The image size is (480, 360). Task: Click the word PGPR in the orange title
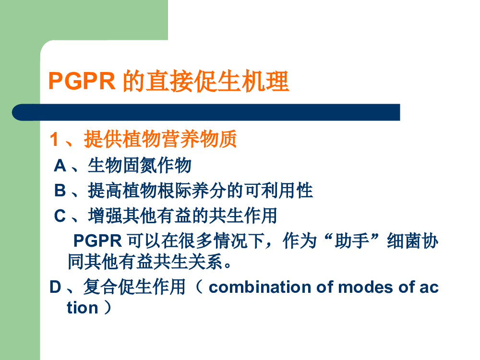click(82, 81)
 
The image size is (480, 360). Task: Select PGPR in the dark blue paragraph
click(97, 240)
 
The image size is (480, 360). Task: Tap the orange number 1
click(54, 139)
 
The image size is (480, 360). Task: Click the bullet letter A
click(60, 166)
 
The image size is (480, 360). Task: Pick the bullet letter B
click(60, 191)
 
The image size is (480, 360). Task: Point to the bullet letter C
click(60, 216)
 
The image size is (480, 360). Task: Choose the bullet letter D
click(55, 287)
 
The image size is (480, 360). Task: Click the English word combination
click(260, 287)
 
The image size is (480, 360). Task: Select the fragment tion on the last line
click(83, 308)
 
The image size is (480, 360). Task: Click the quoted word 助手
click(352, 240)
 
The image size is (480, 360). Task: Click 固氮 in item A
click(140, 166)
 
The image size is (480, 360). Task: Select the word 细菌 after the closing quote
click(404, 240)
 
